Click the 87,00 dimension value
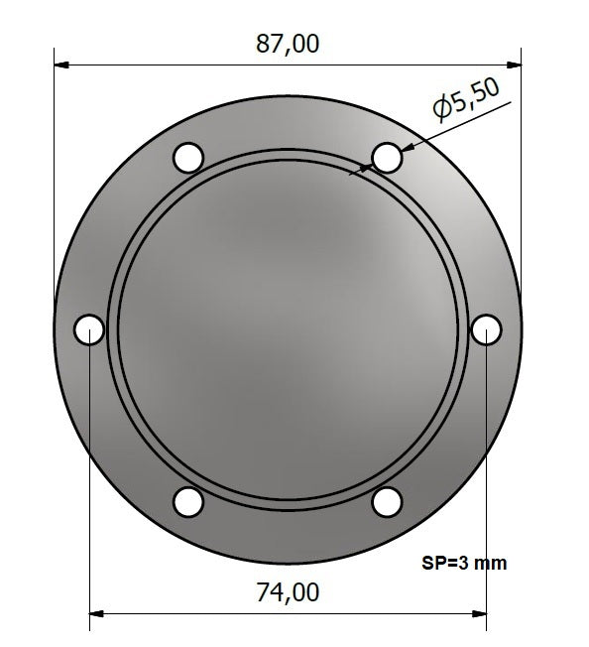pyautogui.click(x=288, y=44)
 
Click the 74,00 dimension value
pyautogui.click(x=288, y=592)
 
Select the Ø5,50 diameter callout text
pyautogui.click(x=467, y=100)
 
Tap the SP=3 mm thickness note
pyautogui.click(x=464, y=564)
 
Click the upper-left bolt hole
pyautogui.click(x=188, y=157)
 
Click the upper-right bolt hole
pyautogui.click(x=387, y=157)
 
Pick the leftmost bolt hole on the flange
pyautogui.click(x=89, y=329)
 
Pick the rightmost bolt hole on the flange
pyautogui.click(x=486, y=329)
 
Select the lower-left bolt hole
pyautogui.click(x=188, y=502)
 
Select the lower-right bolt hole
pyautogui.click(x=387, y=502)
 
